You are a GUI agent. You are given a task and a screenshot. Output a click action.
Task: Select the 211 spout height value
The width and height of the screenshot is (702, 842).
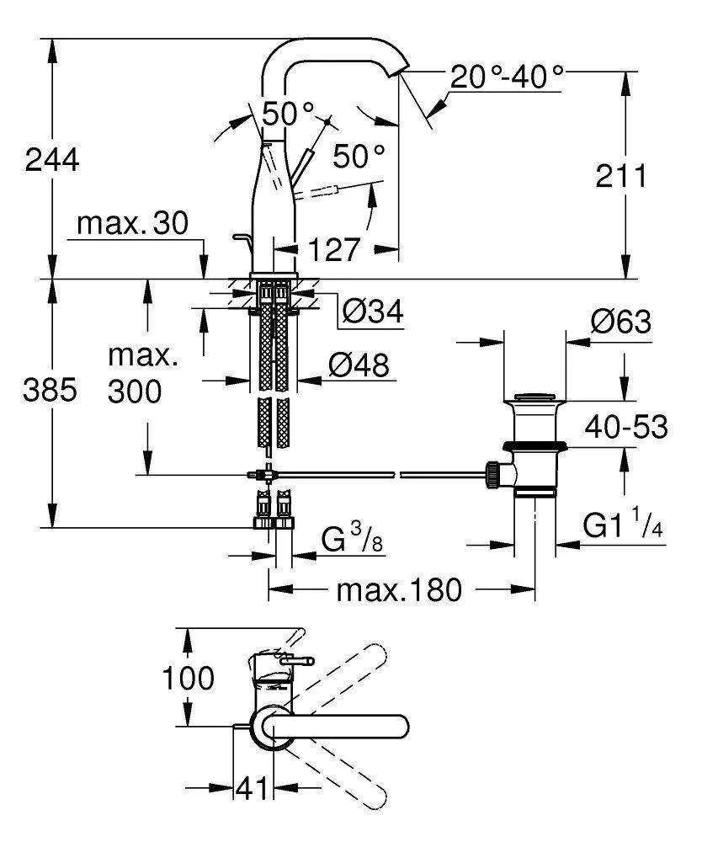coord(620,177)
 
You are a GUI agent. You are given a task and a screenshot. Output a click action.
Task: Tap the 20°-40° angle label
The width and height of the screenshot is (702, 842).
coord(506,77)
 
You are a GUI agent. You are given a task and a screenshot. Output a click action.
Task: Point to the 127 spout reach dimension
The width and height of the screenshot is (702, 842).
coord(333,249)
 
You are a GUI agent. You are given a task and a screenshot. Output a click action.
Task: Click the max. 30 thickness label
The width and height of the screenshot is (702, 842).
coord(132,223)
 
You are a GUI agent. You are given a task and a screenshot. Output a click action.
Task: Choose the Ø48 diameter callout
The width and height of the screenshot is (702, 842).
coord(359,365)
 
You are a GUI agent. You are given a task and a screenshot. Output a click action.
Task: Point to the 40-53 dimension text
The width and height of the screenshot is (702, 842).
coord(628,427)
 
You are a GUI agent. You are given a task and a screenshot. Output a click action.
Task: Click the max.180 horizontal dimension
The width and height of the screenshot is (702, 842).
coord(399,590)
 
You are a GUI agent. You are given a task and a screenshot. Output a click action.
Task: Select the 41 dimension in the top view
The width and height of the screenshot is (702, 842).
coord(252,789)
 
